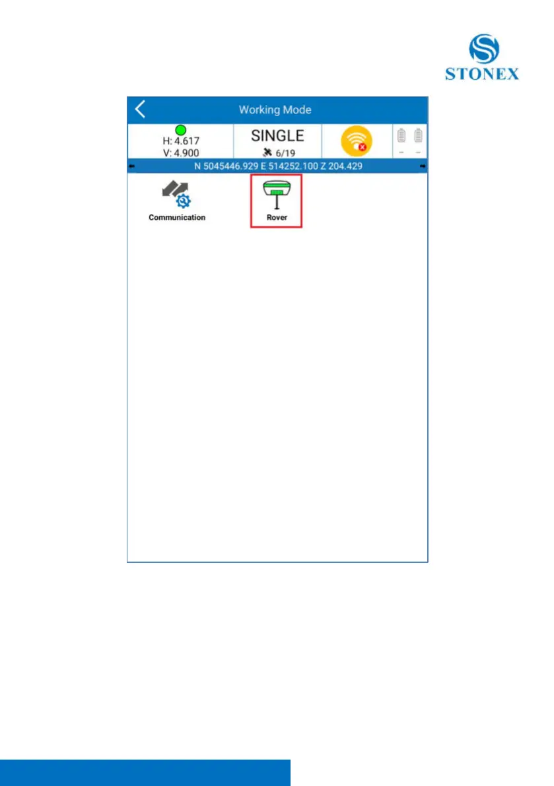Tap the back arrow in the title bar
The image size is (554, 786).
140,110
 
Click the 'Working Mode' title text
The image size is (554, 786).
275,110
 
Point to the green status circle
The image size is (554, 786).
180,131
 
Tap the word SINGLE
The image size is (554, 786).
277,136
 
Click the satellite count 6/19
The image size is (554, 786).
285,152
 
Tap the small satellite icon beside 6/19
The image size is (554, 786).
266,152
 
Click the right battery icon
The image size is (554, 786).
418,137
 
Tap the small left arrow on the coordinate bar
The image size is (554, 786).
131,166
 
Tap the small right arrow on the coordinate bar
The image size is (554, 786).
423,166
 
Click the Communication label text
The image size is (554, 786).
176,217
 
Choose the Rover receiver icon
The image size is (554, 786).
276,195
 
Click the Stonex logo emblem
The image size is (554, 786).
484,50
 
